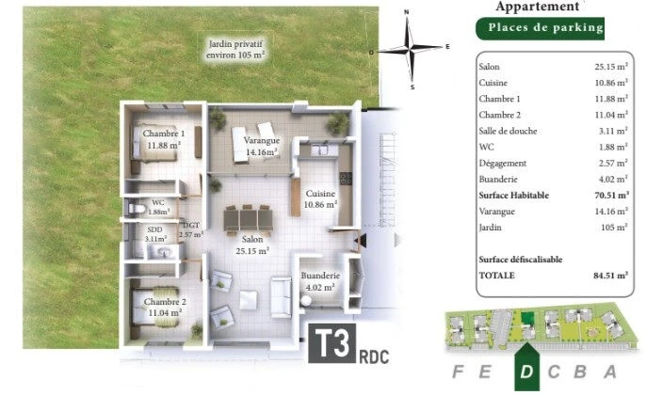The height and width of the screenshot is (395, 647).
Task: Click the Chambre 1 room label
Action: (x=164, y=139)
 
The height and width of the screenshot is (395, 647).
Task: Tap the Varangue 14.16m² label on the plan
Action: (x=261, y=146)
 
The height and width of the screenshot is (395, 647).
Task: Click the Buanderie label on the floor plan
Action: (x=320, y=281)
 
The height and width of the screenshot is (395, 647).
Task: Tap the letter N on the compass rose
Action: (x=407, y=12)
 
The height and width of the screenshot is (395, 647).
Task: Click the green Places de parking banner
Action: (x=541, y=28)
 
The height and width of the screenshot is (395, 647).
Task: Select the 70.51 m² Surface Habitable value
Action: (x=611, y=196)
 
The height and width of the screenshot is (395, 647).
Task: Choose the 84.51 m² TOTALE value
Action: (x=610, y=276)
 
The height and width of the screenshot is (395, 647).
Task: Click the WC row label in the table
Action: (x=486, y=147)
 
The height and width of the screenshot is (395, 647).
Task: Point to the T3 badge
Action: (x=332, y=343)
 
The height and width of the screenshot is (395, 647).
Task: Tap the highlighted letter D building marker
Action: (x=526, y=368)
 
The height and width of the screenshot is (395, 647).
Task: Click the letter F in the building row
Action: (x=458, y=371)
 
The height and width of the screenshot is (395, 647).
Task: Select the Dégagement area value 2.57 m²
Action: (x=613, y=163)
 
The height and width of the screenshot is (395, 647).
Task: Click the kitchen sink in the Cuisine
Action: (x=319, y=150)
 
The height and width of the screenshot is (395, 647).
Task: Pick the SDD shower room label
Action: (x=155, y=234)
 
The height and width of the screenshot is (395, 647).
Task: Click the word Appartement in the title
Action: (x=537, y=7)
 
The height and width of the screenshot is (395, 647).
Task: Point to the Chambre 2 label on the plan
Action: (x=165, y=308)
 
